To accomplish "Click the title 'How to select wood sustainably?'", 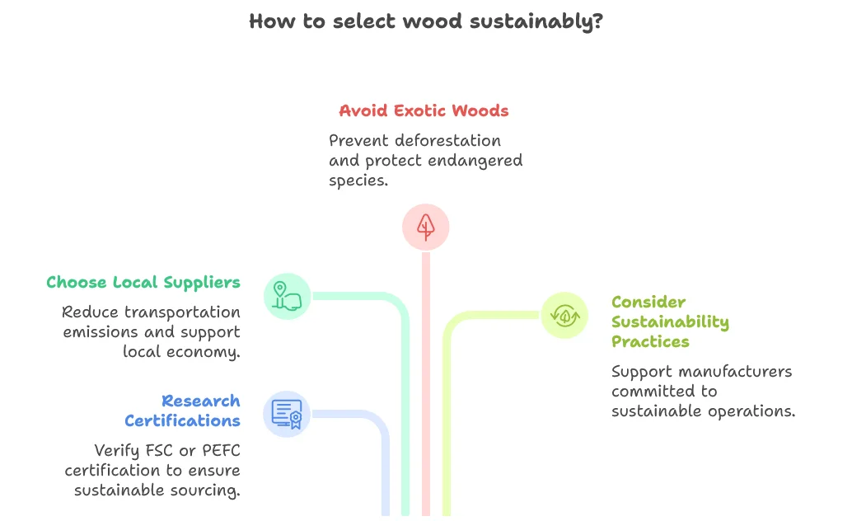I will pyautogui.click(x=425, y=21).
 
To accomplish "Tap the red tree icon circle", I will pyautogui.click(x=425, y=227).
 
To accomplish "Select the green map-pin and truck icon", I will pyautogui.click(x=287, y=296).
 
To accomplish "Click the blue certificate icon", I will pyautogui.click(x=287, y=414).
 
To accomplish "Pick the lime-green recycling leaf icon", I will pyautogui.click(x=564, y=315).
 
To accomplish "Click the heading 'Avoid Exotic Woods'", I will pyautogui.click(x=424, y=110).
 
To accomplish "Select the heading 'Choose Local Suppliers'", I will pyautogui.click(x=143, y=282).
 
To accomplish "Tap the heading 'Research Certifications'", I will pyautogui.click(x=182, y=411).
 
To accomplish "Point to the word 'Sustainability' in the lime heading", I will pyautogui.click(x=670, y=322).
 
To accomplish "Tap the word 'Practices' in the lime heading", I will pyautogui.click(x=650, y=341).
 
